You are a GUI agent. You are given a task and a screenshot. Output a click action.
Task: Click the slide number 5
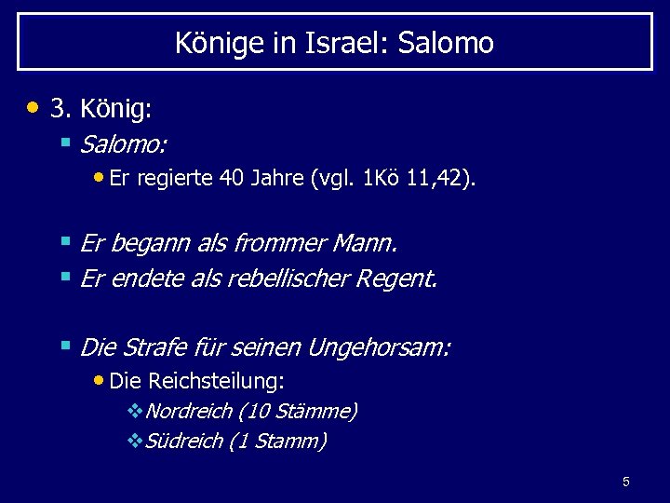point(626,482)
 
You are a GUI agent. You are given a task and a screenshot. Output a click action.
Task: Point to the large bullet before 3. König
point(33,108)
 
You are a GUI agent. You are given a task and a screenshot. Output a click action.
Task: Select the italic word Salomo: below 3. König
point(124,144)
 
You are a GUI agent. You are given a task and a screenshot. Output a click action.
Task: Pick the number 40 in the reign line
point(231,179)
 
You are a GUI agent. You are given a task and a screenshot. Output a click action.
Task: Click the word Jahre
point(277,179)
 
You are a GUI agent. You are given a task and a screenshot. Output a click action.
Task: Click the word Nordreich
point(189,411)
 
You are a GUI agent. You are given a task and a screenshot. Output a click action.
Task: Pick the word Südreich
point(183,441)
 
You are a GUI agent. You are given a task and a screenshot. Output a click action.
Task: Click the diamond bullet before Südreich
point(134,441)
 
